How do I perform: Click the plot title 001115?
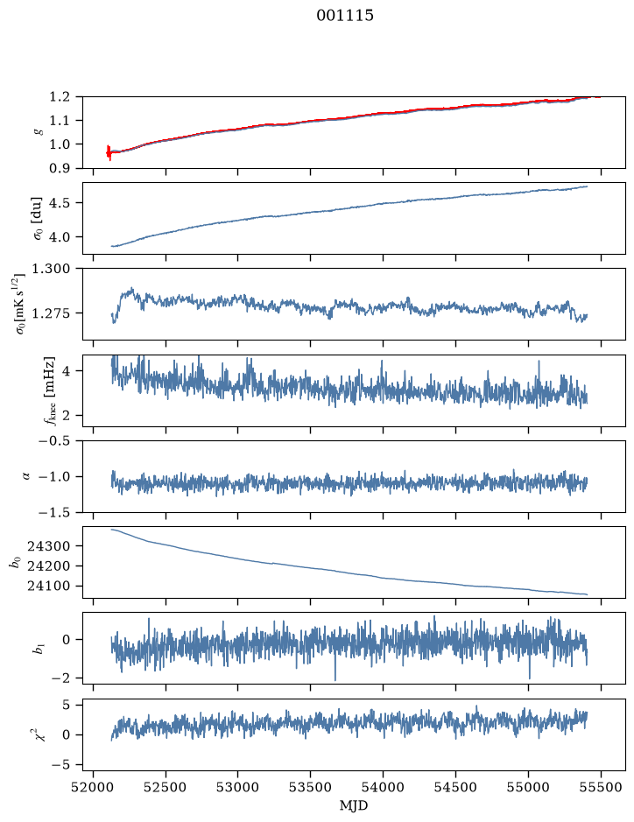coord(344,16)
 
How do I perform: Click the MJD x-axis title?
coord(354,805)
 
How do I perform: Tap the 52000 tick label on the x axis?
coord(94,787)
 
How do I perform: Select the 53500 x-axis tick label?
coord(311,787)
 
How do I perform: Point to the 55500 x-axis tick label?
coord(601,787)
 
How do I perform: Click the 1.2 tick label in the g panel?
coord(60,96)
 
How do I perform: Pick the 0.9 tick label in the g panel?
coord(60,168)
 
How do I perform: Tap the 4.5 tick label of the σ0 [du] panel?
coord(60,202)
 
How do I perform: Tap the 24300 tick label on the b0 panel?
coord(49,545)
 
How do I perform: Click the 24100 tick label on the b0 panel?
coord(49,587)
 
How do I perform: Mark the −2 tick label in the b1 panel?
coord(60,678)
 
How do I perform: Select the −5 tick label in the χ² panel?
coord(60,765)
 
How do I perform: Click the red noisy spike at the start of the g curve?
coord(109,152)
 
